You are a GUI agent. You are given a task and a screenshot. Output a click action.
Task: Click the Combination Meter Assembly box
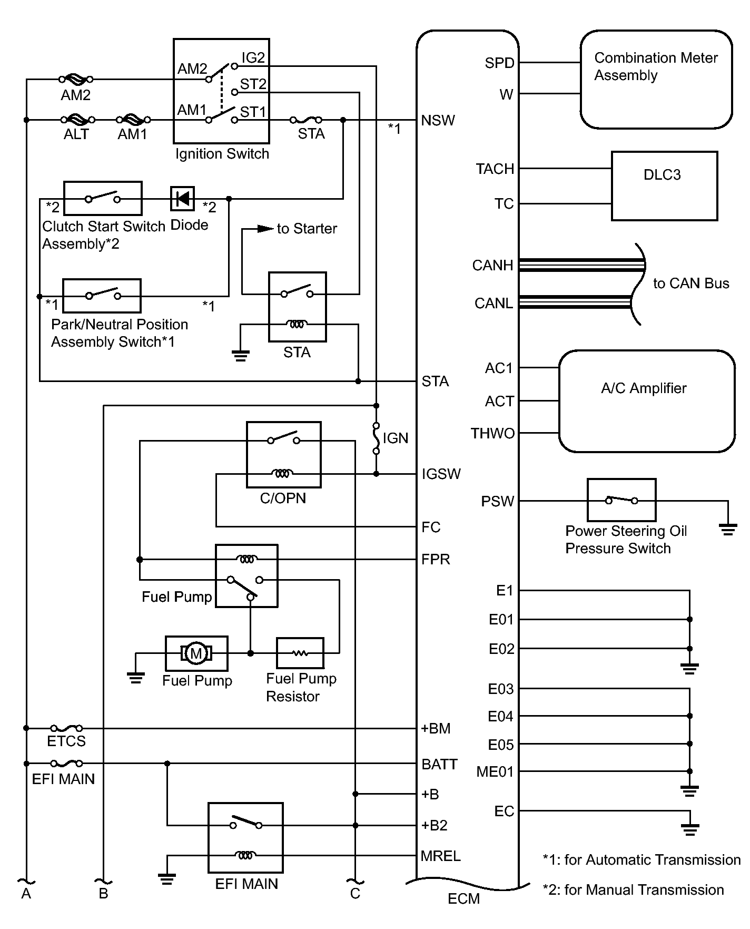(656, 79)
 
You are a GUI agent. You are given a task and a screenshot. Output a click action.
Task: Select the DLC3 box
(664, 185)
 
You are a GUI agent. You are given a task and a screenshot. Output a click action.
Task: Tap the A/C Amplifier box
(646, 401)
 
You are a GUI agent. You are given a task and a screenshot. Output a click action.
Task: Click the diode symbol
(183, 199)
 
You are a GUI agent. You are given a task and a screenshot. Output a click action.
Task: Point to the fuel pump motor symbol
(196, 653)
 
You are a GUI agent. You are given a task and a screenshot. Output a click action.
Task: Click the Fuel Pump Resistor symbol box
(300, 653)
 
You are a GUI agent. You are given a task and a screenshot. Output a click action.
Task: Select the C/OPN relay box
(283, 454)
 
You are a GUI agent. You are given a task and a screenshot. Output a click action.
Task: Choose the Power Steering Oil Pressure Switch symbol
(621, 500)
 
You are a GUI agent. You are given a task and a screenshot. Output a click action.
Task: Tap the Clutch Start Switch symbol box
(103, 198)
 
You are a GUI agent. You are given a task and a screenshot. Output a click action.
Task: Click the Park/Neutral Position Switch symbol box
(102, 296)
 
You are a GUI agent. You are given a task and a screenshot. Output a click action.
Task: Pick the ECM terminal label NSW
(438, 121)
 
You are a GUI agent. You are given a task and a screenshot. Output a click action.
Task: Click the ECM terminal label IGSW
(441, 474)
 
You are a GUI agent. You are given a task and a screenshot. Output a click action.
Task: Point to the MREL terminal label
(440, 856)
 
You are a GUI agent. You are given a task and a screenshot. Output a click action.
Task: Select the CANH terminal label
(492, 265)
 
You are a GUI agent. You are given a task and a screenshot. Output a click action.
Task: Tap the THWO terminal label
(492, 433)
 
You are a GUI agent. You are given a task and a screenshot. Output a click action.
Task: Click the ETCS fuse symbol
(66, 728)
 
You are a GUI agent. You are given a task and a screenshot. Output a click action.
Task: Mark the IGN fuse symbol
(376, 438)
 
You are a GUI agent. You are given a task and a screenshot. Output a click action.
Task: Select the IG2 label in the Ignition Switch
(253, 57)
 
